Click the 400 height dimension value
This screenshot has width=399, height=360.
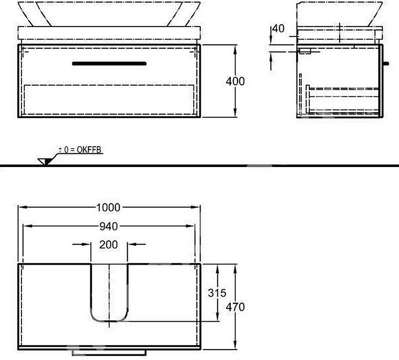pyautogui.click(x=235, y=81)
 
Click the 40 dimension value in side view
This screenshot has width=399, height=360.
pyautogui.click(x=279, y=29)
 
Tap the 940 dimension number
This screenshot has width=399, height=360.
pyautogui.click(x=108, y=226)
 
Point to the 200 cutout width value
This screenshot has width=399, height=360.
pyautogui.click(x=109, y=244)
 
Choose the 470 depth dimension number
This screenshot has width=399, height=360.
pyautogui.click(x=235, y=307)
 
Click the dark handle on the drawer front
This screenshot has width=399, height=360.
pyautogui.click(x=109, y=63)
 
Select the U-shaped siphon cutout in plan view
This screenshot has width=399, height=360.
pyautogui.click(x=109, y=294)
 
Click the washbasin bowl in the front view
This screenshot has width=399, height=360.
pyautogui.click(x=109, y=12)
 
